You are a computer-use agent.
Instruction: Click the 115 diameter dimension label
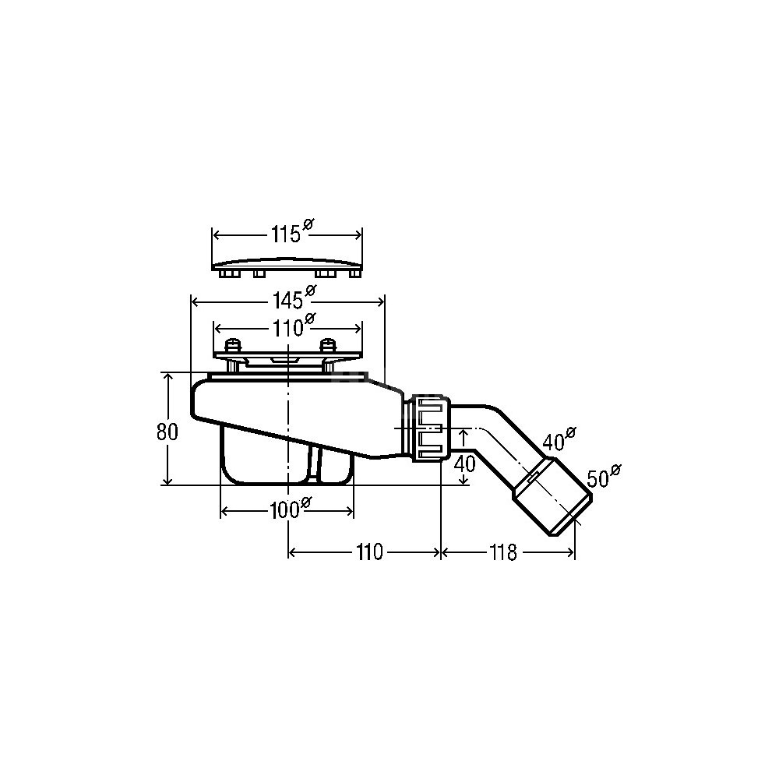coord(292,232)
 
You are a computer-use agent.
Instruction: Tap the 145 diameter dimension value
coord(294,298)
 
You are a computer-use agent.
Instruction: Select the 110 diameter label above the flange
coord(293,326)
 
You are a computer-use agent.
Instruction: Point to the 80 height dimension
coord(167,432)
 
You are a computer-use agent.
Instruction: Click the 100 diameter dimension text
coord(290,508)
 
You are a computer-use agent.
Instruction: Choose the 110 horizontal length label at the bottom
coord(368,552)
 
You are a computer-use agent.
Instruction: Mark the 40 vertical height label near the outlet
coord(465,464)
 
